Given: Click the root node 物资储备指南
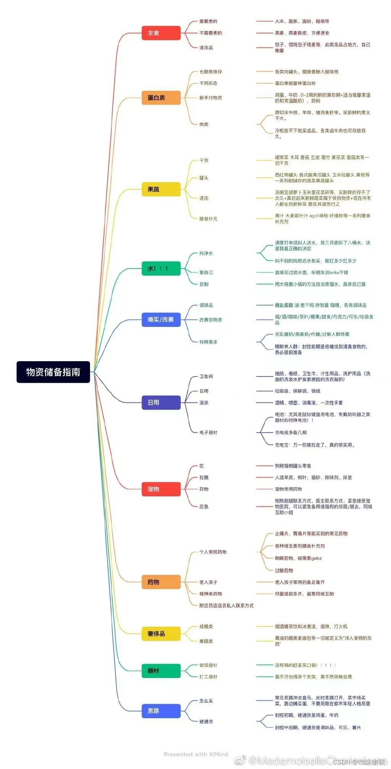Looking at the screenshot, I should [x=53, y=372].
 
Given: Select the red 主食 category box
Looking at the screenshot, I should [x=161, y=33].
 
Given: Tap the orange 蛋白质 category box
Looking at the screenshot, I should [x=161, y=98].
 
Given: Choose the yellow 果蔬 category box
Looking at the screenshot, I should [x=161, y=189].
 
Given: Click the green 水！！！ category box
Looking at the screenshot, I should [x=161, y=269].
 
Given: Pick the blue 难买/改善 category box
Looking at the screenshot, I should [x=161, y=319].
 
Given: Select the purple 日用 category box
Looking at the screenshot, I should [x=161, y=402].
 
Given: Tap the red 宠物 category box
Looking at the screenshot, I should [x=161, y=489].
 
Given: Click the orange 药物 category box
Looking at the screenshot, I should [x=161, y=582].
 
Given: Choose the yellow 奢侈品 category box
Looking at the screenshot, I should [x=161, y=634].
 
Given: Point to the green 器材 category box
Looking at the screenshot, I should [x=161, y=671].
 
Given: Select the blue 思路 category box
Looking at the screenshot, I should [x=161, y=711].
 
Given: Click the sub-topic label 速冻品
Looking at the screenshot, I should [x=206, y=48].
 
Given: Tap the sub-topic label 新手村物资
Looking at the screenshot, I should [x=210, y=98].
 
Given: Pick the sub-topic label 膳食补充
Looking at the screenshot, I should [x=208, y=219].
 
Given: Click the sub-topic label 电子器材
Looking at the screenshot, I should [x=208, y=433].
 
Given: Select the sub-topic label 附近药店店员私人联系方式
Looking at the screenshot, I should [x=226, y=605].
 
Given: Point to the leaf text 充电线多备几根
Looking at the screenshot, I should [x=291, y=433].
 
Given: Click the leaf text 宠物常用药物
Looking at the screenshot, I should [x=288, y=489].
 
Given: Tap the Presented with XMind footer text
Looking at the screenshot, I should [x=195, y=754].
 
